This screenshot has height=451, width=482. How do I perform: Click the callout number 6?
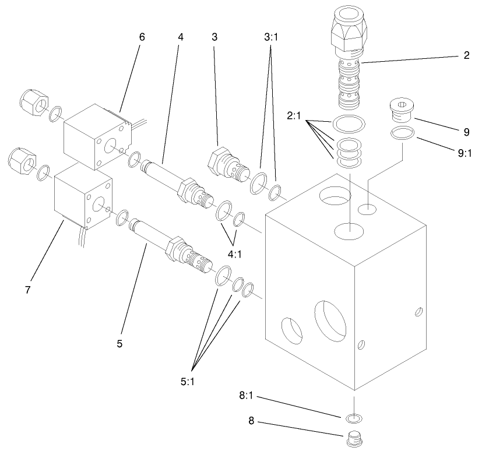(142, 37)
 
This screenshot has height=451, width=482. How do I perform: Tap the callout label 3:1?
(272, 37)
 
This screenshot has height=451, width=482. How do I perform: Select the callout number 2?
(466, 56)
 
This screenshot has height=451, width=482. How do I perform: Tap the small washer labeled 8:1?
(353, 418)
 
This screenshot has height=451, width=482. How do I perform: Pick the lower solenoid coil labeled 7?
(83, 196)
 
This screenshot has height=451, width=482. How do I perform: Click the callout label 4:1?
(235, 253)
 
